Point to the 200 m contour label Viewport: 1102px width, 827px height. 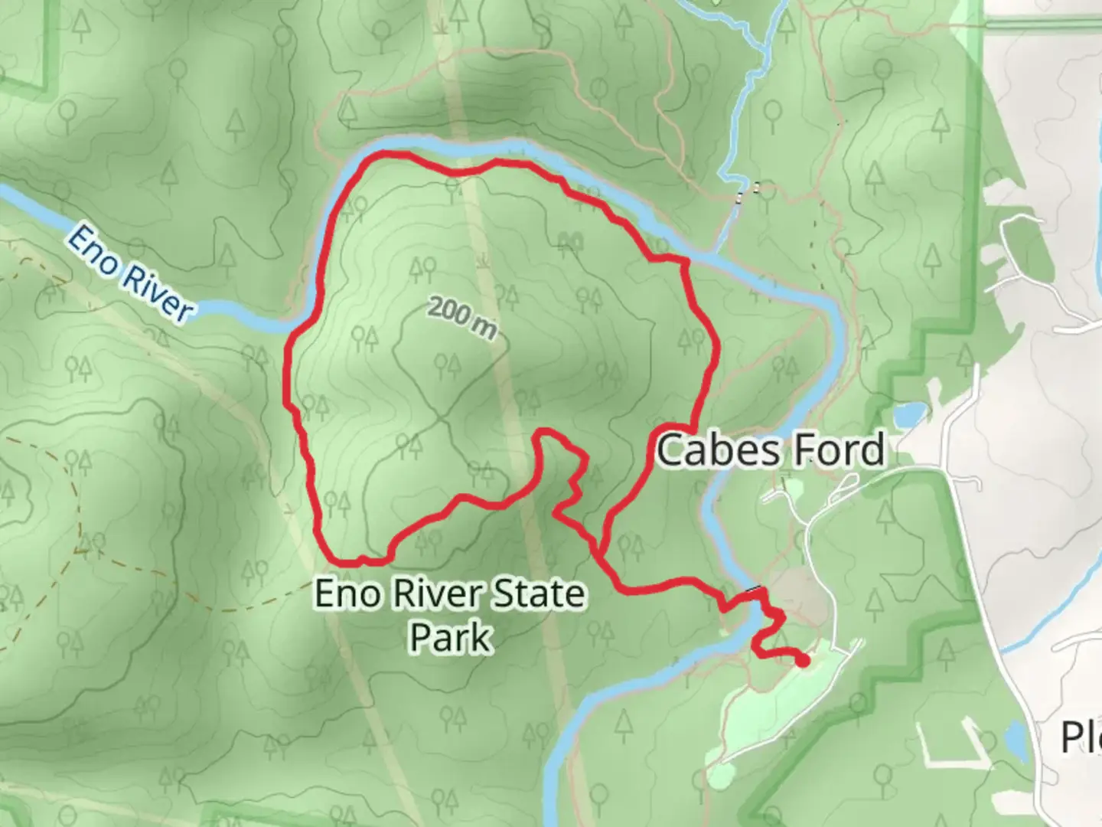coord(462,317)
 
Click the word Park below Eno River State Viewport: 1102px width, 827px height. coord(450,637)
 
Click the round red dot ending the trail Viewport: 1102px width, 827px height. coord(803,661)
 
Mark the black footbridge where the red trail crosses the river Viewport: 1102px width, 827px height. coord(755,590)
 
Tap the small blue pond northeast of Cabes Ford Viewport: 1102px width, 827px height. coord(908,414)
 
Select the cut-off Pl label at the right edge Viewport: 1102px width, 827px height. coord(1081,737)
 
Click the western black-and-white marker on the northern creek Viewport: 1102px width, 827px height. coord(739,198)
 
